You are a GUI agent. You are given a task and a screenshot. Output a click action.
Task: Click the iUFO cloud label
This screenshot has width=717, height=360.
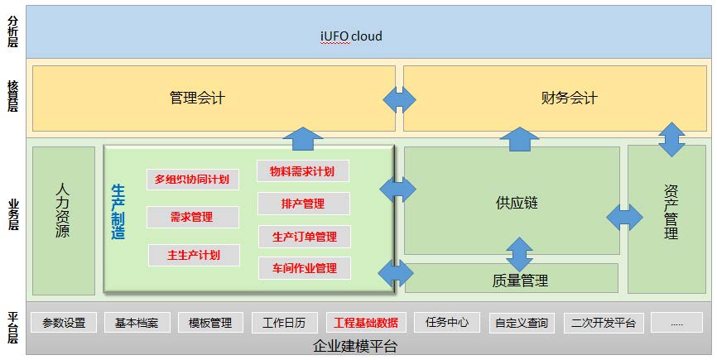[351, 36]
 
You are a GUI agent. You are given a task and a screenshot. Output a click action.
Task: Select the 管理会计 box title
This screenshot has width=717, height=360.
[197, 98]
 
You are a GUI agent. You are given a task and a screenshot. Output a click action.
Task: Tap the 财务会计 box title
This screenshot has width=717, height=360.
[569, 98]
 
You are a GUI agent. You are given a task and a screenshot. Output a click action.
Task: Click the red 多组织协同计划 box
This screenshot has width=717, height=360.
[193, 179]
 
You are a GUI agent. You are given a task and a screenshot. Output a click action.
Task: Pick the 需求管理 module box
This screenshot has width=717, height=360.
[193, 217]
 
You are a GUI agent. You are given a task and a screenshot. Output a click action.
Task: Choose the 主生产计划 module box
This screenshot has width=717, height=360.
[194, 255]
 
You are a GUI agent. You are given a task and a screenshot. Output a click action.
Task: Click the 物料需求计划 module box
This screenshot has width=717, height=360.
[303, 171]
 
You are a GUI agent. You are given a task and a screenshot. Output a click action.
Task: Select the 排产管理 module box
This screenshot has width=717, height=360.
[304, 204]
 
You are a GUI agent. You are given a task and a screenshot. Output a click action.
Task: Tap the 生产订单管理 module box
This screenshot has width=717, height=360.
[305, 237]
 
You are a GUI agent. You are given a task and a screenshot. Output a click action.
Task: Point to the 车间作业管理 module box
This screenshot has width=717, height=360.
[305, 268]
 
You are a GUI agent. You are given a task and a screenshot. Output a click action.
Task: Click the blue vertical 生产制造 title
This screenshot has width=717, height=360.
[118, 212]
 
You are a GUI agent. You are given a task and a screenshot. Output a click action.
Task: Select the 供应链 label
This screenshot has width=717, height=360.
[517, 203]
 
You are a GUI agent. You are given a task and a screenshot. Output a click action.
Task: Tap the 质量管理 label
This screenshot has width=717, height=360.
[520, 280]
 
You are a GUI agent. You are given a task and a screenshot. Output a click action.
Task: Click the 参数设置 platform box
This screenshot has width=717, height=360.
[64, 323]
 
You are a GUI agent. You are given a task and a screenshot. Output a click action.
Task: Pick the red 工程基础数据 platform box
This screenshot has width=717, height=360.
[366, 323]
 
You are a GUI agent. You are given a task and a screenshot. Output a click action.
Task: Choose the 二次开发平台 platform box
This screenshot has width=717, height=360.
[603, 323]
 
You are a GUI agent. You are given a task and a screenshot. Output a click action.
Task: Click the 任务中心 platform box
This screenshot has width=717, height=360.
[447, 322]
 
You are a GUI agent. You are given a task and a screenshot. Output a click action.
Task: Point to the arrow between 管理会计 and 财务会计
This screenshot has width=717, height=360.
[399, 99]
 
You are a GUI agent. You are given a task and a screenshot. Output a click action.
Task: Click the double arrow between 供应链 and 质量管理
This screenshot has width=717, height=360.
[519, 254]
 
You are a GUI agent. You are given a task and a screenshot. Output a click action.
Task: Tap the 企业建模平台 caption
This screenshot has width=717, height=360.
[355, 346]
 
